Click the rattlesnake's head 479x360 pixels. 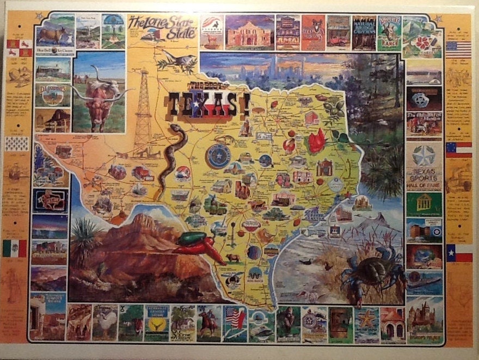point(175,129)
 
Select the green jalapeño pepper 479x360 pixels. point(191,238)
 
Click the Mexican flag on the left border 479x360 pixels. point(15,248)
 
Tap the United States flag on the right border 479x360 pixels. point(458,49)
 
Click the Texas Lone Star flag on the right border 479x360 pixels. point(458,253)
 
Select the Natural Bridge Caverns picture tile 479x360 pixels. point(364,33)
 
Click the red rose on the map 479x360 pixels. point(316,141)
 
